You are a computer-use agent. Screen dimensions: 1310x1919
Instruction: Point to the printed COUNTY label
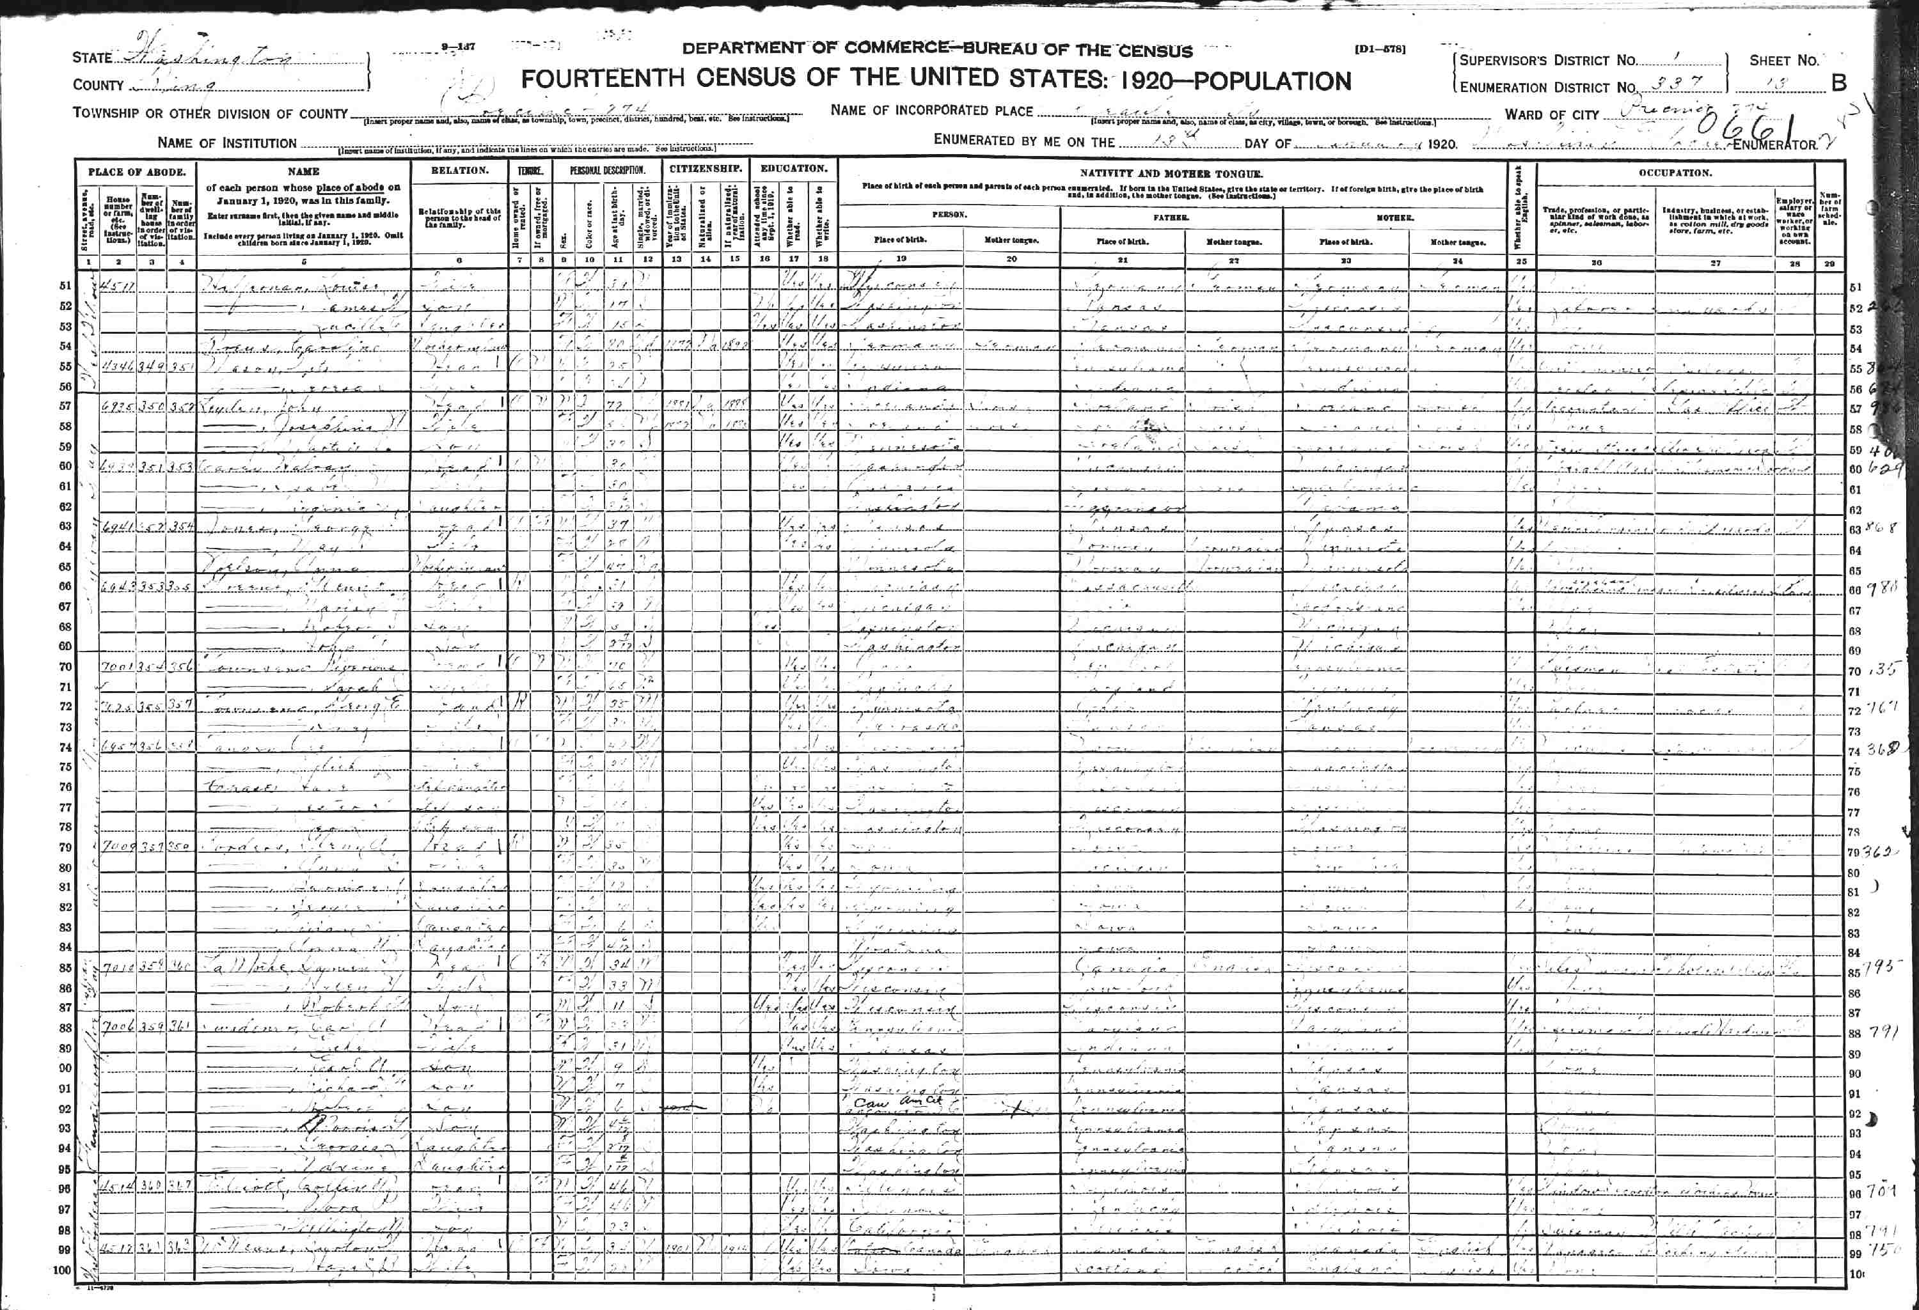(97, 85)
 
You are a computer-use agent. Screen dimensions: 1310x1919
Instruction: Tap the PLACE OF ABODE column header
(136, 173)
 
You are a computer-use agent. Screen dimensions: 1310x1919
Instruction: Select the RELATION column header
(459, 171)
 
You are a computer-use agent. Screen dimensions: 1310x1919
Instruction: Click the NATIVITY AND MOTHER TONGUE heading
(1171, 173)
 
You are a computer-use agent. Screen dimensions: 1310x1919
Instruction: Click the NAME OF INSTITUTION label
(226, 143)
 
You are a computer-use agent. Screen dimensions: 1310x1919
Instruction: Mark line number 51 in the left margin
(65, 286)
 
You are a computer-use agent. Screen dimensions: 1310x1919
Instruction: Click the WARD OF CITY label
(1552, 114)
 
